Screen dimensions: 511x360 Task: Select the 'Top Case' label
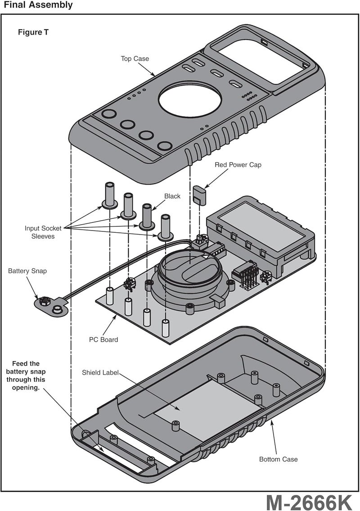[x=135, y=59]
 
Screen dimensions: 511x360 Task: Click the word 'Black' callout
[x=172, y=196]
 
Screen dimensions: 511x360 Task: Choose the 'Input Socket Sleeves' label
[x=43, y=232]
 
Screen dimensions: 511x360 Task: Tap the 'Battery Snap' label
[x=27, y=271]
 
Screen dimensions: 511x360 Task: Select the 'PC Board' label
[x=103, y=339]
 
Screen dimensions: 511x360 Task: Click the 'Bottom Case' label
[x=278, y=459]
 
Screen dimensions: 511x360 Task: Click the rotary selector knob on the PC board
[x=191, y=270]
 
